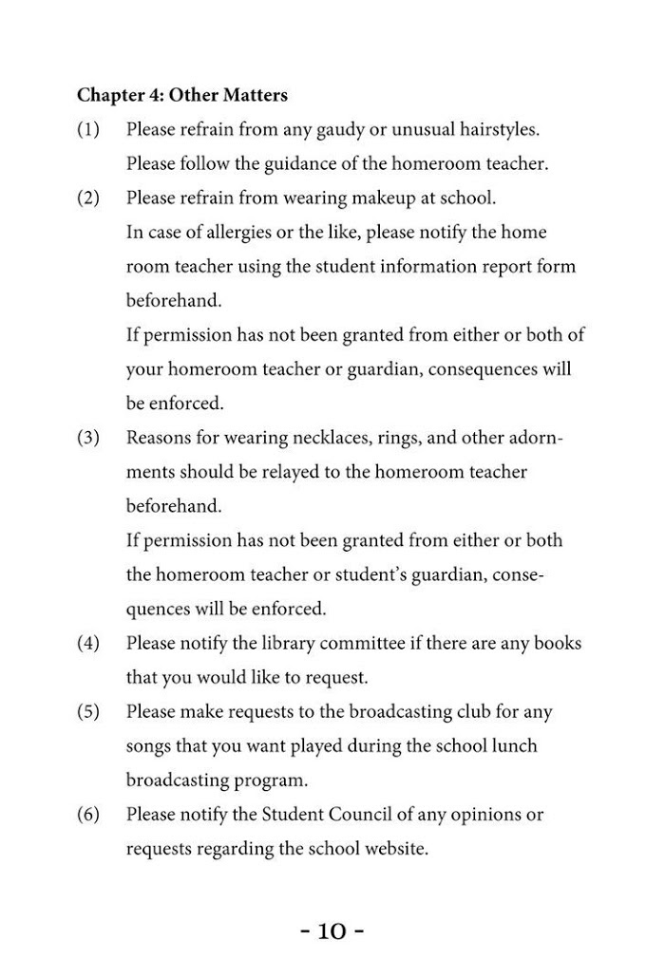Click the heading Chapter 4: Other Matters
[x=182, y=95]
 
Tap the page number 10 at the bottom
[x=332, y=931]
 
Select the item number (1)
[x=88, y=129]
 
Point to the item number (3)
[x=88, y=438]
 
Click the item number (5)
[x=88, y=711]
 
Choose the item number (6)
[x=88, y=815]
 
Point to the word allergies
[x=226, y=233]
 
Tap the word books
[x=557, y=644]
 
